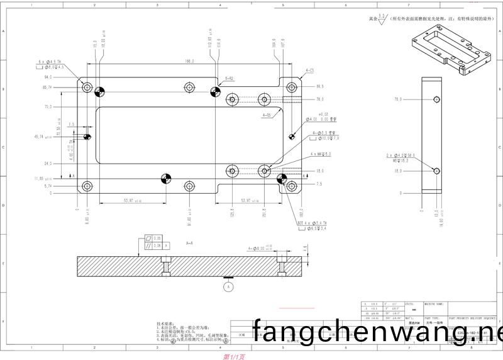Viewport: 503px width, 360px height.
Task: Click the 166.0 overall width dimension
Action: tap(188, 62)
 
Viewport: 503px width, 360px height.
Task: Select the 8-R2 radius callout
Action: tap(229, 78)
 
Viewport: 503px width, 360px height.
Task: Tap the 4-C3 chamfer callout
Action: tap(310, 70)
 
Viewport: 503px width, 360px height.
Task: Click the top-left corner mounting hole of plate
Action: tap(87, 87)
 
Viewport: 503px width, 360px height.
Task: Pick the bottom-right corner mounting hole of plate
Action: tap(291, 186)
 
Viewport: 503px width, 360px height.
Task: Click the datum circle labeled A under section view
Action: tap(228, 286)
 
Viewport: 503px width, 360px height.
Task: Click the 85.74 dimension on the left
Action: tap(47, 87)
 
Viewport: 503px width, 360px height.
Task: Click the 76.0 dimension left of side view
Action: tap(397, 99)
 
